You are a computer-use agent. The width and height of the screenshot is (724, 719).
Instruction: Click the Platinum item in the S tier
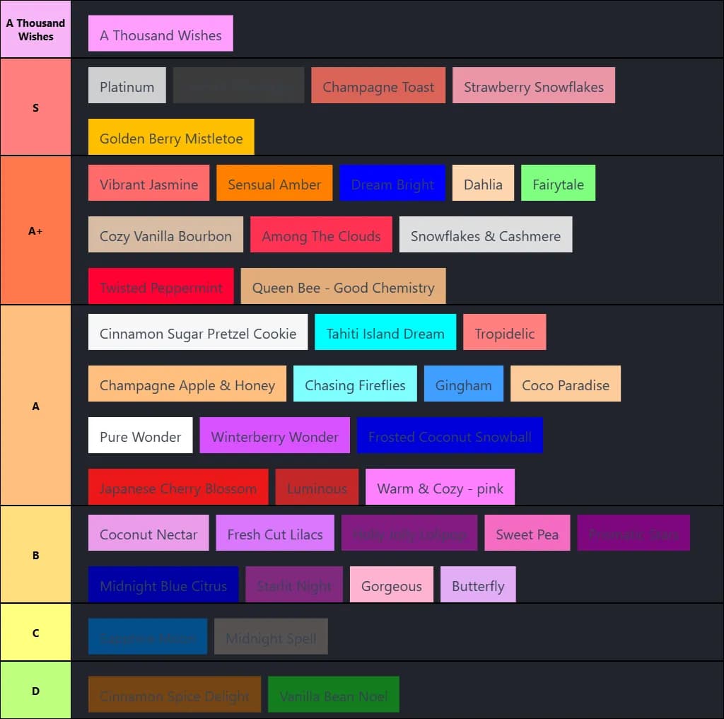(x=127, y=86)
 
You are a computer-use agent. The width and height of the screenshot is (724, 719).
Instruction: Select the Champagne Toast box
(x=378, y=86)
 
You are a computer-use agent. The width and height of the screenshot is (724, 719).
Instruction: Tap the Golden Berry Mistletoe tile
(x=171, y=137)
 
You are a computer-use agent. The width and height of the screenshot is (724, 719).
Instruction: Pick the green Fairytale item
(x=558, y=183)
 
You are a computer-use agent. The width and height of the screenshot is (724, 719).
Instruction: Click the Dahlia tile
(x=483, y=183)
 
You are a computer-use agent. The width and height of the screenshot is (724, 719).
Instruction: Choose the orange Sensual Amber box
(x=274, y=183)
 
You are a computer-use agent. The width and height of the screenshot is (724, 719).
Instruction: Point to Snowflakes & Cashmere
(x=486, y=235)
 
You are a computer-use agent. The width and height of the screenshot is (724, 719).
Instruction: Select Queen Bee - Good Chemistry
(x=343, y=286)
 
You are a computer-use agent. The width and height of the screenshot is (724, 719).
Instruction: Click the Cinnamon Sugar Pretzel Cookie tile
(x=198, y=332)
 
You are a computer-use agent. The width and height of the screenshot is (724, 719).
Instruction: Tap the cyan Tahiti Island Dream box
(x=385, y=332)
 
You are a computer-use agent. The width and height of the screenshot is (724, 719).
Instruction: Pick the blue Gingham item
(x=464, y=384)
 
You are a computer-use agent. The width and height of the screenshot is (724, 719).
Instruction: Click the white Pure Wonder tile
(x=141, y=436)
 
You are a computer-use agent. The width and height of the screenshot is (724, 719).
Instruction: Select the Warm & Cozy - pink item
(x=440, y=487)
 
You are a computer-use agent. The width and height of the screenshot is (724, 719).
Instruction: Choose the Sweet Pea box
(x=527, y=533)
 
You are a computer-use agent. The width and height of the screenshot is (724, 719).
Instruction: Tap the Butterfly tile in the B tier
(x=478, y=585)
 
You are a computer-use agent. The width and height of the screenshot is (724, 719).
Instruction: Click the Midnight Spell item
(x=271, y=637)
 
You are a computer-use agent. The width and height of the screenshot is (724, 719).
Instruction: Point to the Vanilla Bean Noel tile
(x=334, y=695)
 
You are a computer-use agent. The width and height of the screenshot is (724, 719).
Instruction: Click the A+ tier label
(x=35, y=230)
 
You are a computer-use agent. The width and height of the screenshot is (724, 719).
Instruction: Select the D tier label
(x=35, y=690)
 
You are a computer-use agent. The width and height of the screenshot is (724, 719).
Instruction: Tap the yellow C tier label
(x=35, y=632)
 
